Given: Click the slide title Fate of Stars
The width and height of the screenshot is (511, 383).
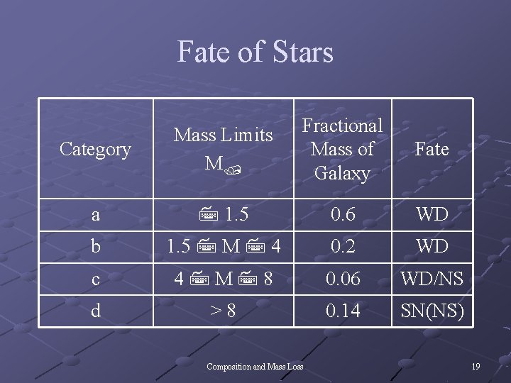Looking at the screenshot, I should [x=255, y=52].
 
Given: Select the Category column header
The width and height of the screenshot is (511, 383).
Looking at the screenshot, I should [x=95, y=149].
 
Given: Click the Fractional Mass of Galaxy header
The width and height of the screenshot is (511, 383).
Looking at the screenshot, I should [x=342, y=149].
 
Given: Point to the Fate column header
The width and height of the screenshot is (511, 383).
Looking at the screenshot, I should [x=432, y=149].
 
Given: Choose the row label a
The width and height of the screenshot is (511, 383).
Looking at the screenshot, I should [x=95, y=214].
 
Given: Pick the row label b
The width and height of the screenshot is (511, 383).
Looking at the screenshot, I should [x=95, y=247].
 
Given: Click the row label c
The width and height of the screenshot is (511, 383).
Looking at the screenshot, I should [x=95, y=279].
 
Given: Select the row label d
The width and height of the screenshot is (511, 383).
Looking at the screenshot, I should [x=95, y=311].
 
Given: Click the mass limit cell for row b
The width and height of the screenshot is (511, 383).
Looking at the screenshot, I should [x=224, y=247].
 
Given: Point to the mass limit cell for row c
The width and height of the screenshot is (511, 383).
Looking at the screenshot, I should [x=224, y=279].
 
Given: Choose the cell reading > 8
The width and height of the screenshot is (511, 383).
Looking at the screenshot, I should [x=224, y=311].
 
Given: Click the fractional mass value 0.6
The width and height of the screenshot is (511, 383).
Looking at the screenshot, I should [x=342, y=214].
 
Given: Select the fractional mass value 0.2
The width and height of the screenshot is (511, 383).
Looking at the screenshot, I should [x=342, y=247].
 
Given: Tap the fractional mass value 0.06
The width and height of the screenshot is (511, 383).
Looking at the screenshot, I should [x=342, y=279].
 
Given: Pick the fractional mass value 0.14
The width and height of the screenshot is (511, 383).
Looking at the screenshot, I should [x=342, y=311].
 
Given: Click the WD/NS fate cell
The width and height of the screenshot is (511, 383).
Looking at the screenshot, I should [x=432, y=279].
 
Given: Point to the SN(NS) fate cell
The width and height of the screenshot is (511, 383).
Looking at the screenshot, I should [x=432, y=311].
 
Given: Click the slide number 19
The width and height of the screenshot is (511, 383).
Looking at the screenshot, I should [x=476, y=367].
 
